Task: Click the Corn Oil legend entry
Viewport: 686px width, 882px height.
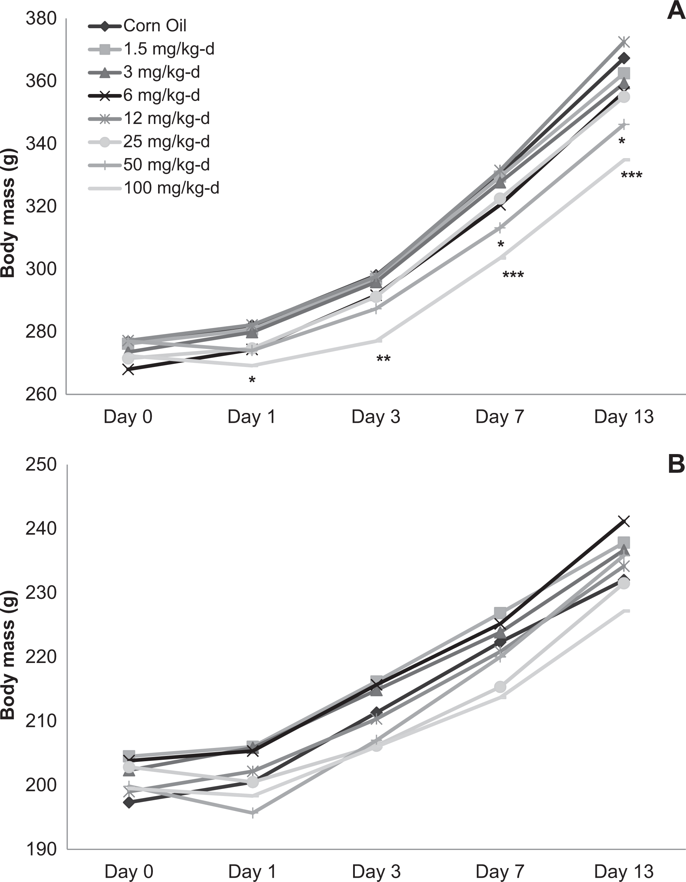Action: coord(137,26)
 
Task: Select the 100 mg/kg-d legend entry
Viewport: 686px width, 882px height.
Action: coord(154,188)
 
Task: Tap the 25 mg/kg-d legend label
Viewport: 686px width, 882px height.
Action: coord(167,142)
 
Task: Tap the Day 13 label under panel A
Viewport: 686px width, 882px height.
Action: coord(624,417)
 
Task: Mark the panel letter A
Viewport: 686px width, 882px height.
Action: coord(676,10)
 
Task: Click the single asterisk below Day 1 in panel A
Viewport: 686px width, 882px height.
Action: coord(252,379)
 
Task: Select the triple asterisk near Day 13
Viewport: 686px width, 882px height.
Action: coord(631,174)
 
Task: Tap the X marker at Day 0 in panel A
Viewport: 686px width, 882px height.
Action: coord(128,369)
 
